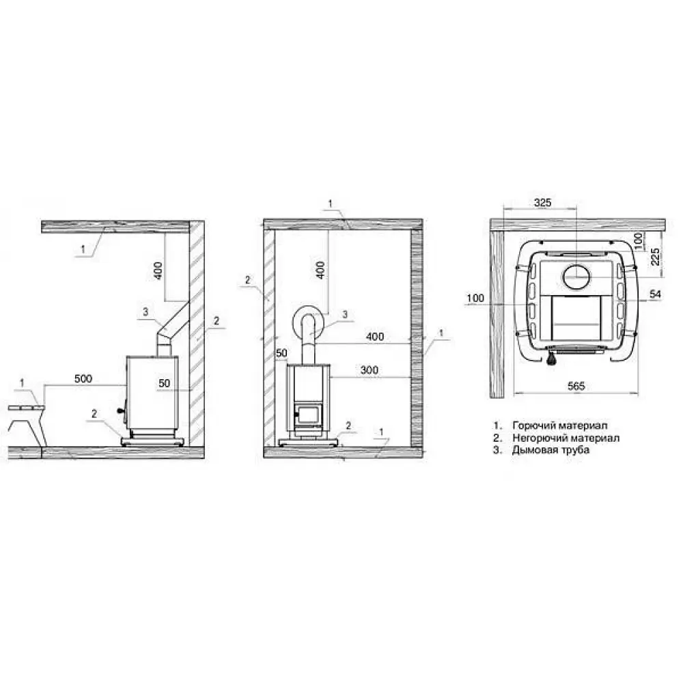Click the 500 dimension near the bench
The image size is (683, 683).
tap(83, 378)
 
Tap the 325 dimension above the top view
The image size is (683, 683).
tap(542, 203)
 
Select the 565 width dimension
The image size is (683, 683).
tap(576, 386)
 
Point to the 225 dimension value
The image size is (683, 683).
tap(655, 257)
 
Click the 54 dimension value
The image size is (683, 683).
tap(655, 294)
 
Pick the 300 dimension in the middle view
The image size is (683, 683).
tap(370, 370)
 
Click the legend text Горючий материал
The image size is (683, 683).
tap(560, 425)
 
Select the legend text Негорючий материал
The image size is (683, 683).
tap(566, 438)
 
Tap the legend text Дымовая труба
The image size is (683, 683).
tap(550, 450)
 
